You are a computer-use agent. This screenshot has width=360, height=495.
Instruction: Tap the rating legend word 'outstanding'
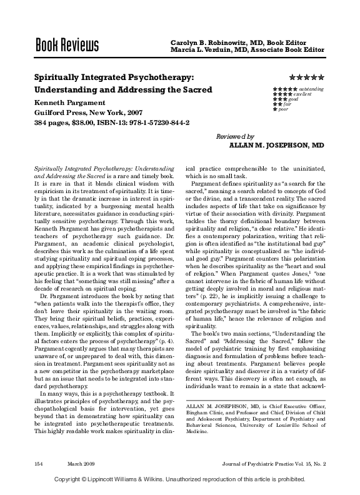pos(310,89)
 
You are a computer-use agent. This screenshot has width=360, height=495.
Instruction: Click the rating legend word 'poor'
pos(283,109)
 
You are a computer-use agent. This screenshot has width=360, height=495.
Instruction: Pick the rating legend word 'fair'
pos(287,104)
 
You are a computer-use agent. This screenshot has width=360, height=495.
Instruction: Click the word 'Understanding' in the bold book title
pos(64,90)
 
